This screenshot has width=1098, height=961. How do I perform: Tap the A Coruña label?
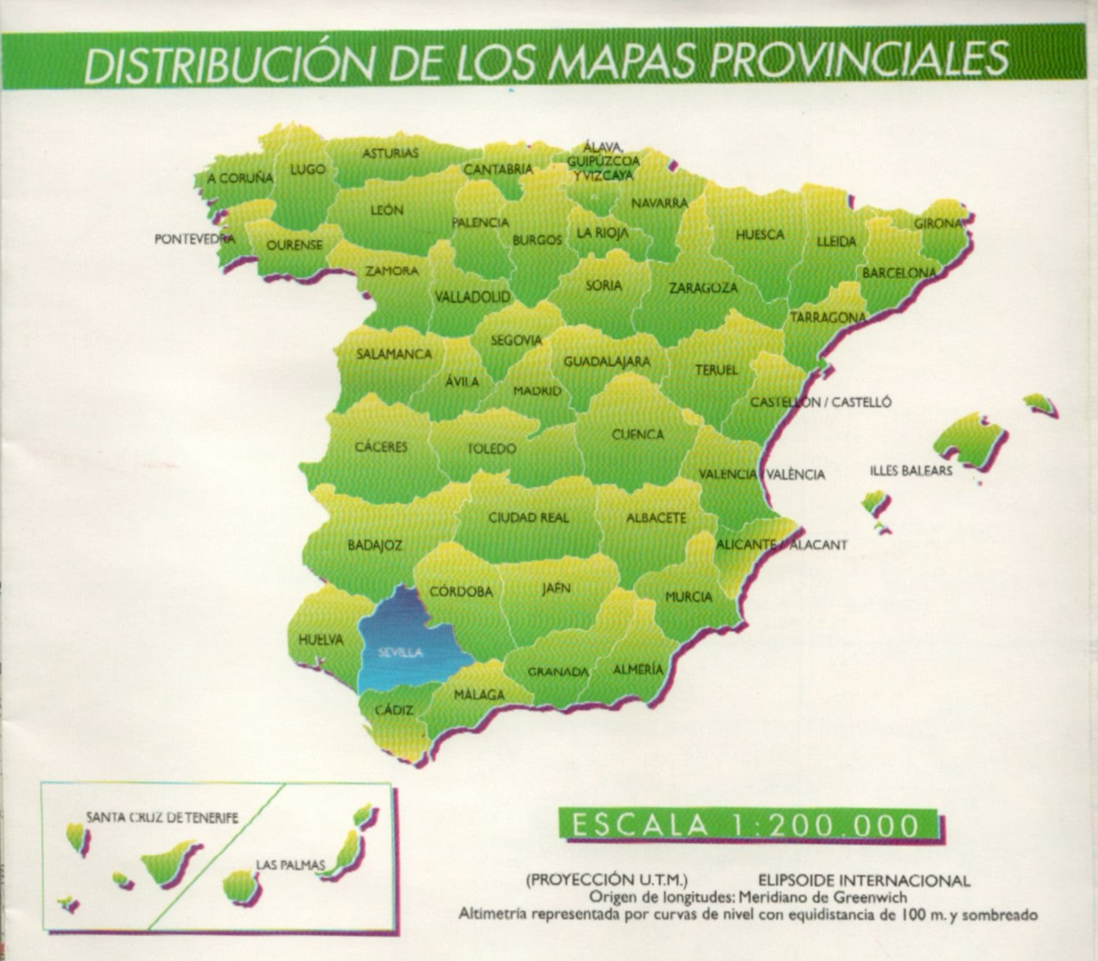click(x=240, y=178)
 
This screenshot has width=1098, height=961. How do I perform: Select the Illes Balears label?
click(x=911, y=471)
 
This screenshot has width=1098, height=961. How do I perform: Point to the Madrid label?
click(x=538, y=391)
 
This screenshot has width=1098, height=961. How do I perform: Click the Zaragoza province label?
click(x=703, y=289)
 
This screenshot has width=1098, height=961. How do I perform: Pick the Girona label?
click(x=938, y=223)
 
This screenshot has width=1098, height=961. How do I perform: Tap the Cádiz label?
click(x=394, y=711)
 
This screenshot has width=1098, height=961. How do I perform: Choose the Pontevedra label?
click(x=195, y=239)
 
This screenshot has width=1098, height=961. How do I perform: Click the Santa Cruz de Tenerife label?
click(x=163, y=817)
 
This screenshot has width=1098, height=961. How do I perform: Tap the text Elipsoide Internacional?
click(x=864, y=880)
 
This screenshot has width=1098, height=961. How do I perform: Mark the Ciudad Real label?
click(x=529, y=518)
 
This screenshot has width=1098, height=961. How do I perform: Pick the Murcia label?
click(x=689, y=596)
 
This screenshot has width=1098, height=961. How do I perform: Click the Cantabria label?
click(x=498, y=169)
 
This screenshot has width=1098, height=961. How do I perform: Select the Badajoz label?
click(x=375, y=546)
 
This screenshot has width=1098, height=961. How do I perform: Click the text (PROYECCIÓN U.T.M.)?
click(x=607, y=880)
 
